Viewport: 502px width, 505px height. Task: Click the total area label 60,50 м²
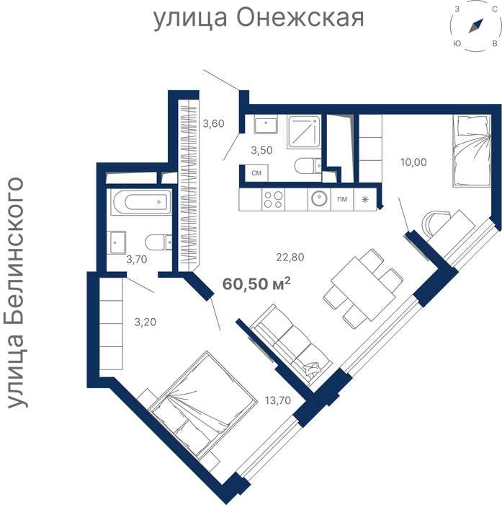click(x=256, y=284)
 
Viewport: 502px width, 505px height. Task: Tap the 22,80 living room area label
click(x=290, y=257)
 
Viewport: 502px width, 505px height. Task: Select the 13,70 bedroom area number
click(x=278, y=400)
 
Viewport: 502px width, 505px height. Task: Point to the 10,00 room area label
click(x=413, y=162)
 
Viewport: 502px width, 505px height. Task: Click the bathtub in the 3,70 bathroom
click(x=140, y=202)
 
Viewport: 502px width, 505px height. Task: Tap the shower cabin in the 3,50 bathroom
click(x=304, y=132)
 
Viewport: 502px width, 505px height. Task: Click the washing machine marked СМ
click(x=256, y=173)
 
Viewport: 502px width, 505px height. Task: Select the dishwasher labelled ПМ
click(x=342, y=199)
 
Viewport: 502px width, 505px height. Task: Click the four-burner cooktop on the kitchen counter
click(x=274, y=199)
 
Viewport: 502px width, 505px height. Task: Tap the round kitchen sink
click(x=319, y=198)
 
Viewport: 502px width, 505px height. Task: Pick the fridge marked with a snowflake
click(x=365, y=199)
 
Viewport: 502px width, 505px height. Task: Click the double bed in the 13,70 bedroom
click(x=203, y=405)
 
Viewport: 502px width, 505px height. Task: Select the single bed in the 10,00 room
click(x=472, y=151)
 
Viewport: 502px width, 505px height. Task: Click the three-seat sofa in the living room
click(x=291, y=346)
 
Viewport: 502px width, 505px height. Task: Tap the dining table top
click(x=363, y=289)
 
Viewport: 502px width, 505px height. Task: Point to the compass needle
click(x=476, y=26)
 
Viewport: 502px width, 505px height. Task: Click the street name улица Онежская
click(x=259, y=18)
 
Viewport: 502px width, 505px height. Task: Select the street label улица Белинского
click(x=15, y=292)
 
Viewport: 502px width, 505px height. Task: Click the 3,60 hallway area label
click(x=213, y=123)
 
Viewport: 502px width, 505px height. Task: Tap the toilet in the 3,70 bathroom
click(x=158, y=242)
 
